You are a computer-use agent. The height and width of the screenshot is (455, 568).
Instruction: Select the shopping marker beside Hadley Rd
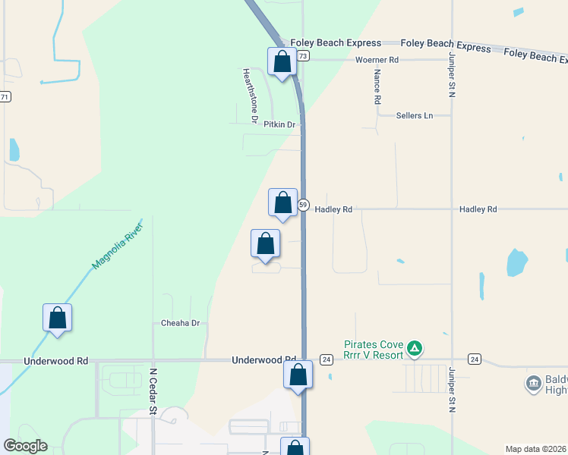click(283, 203)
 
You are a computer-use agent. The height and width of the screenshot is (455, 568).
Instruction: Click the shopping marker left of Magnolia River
click(58, 318)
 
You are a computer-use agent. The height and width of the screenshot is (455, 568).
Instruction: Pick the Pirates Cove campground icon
click(414, 349)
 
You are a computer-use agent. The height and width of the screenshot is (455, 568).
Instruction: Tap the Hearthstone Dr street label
click(251, 96)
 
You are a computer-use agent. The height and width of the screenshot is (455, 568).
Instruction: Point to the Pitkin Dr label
click(279, 124)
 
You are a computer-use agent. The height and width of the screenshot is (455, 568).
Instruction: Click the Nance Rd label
click(377, 87)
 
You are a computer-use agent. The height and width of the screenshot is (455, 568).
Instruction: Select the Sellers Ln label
click(414, 115)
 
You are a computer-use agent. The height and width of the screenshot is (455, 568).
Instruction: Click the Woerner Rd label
click(377, 59)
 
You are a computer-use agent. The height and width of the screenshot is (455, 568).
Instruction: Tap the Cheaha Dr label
click(180, 323)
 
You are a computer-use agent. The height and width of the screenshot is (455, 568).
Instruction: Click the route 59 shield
click(303, 206)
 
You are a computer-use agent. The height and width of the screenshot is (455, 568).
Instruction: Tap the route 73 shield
click(303, 56)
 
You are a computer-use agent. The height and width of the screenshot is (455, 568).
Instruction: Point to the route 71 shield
click(5, 96)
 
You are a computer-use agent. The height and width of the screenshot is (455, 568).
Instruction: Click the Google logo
click(25, 446)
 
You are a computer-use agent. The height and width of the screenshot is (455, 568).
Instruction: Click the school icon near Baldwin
click(534, 384)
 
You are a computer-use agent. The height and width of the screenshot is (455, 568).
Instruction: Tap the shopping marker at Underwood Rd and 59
click(298, 375)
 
